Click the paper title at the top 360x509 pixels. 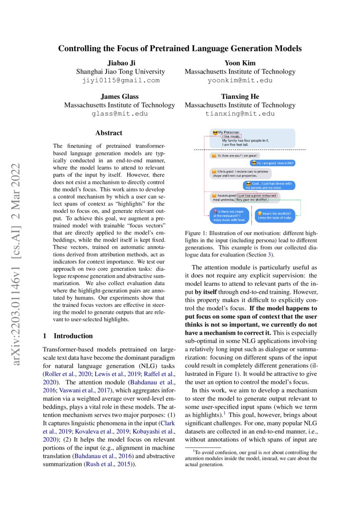pyautogui.click(x=180, y=48)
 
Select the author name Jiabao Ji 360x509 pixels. pyautogui.click(x=120, y=63)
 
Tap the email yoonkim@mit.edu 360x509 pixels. pyautogui.click(x=240, y=80)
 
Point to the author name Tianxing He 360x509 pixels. pyautogui.click(x=240, y=97)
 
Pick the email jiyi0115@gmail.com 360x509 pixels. pyautogui.click(x=120, y=80)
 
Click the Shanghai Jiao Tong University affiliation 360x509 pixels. pyautogui.click(x=120, y=71)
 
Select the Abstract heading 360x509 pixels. pyautogui.click(x=109, y=133)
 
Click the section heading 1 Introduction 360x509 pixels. pyautogui.click(x=67, y=336)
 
